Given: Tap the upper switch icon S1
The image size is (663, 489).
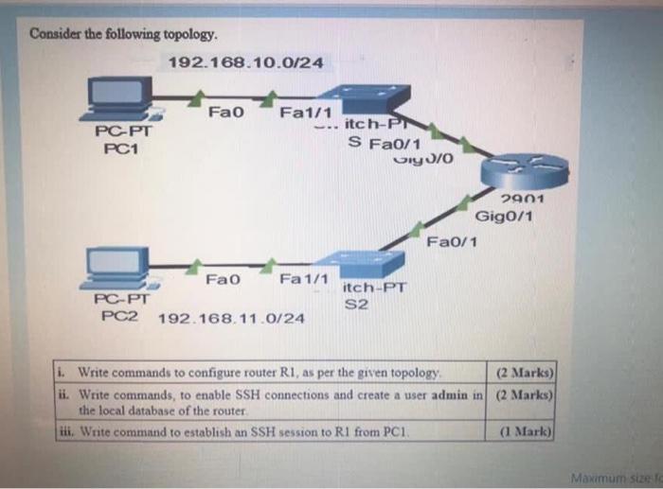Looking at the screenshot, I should pyautogui.click(x=366, y=100).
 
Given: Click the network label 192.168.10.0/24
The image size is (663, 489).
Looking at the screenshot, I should pyautogui.click(x=245, y=62).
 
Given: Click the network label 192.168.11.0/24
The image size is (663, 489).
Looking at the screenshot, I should pyautogui.click(x=231, y=318).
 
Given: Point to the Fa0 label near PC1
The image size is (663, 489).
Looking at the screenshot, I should pyautogui.click(x=226, y=114).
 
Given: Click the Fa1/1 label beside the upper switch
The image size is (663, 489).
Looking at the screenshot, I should pyautogui.click(x=302, y=114).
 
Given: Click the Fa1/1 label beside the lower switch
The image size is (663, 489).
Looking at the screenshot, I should pyautogui.click(x=303, y=280).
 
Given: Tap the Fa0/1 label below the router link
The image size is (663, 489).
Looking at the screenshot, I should pyautogui.click(x=452, y=242).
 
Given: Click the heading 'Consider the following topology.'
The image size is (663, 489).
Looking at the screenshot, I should pyautogui.click(x=124, y=35).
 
